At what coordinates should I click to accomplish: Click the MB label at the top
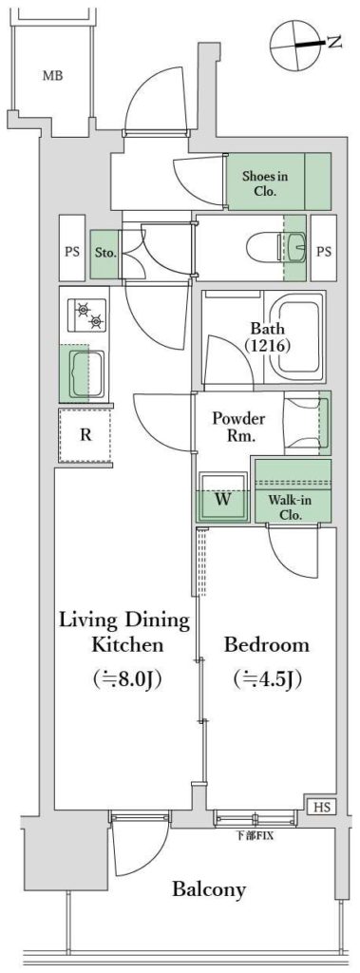(53, 76)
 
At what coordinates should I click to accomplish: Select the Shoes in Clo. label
(264, 183)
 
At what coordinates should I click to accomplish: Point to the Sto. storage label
(103, 253)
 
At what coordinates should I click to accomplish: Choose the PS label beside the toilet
(323, 251)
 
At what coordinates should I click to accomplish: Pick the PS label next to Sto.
(72, 252)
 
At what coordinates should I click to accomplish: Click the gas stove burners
(88, 314)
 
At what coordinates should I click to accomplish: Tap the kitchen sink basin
(86, 373)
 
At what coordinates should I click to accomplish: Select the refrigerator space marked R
(85, 434)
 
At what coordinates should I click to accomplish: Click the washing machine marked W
(223, 498)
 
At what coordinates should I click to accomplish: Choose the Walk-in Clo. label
(286, 506)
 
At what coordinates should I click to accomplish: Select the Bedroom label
(266, 644)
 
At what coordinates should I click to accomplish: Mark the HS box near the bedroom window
(321, 807)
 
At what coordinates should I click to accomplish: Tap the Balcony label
(209, 890)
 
